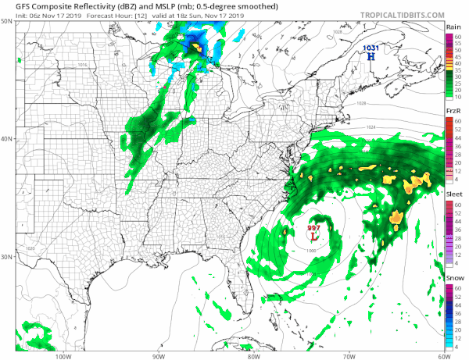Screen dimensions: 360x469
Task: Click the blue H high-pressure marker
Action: click(x=371, y=56)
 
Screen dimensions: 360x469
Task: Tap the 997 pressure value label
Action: click(x=313, y=228)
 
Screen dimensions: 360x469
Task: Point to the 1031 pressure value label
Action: click(x=371, y=48)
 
